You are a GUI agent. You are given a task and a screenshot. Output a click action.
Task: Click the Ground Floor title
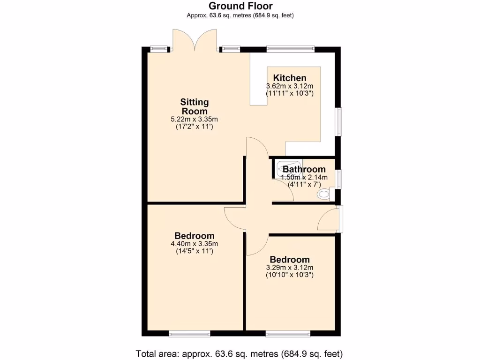click(x=240, y=6)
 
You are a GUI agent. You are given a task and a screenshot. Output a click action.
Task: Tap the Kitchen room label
click(x=290, y=78)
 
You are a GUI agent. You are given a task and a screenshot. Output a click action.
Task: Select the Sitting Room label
click(x=195, y=106)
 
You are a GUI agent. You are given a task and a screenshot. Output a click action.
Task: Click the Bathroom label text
click(x=304, y=169)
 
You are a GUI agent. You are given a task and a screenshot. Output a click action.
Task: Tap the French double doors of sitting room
click(x=195, y=40)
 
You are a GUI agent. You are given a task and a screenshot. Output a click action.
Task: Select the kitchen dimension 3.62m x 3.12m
click(x=290, y=86)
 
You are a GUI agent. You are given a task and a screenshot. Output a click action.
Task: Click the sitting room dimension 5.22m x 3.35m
click(x=195, y=120)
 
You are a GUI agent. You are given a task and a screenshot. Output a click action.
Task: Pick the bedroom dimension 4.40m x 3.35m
click(x=195, y=244)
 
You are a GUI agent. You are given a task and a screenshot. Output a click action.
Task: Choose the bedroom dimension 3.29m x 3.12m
click(x=290, y=268)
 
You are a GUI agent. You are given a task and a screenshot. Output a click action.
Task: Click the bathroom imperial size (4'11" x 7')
click(x=304, y=185)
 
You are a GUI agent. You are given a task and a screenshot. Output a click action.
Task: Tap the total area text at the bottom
click(x=240, y=353)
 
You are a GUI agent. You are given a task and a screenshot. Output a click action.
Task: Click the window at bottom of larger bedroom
click(x=189, y=334)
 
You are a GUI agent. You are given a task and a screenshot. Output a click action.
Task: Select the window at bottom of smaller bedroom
click(x=288, y=334)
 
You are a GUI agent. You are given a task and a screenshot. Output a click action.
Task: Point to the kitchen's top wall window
click(x=290, y=48)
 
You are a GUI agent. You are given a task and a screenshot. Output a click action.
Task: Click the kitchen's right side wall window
click(x=338, y=122)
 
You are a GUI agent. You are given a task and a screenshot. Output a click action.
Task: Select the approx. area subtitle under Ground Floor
click(x=240, y=15)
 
